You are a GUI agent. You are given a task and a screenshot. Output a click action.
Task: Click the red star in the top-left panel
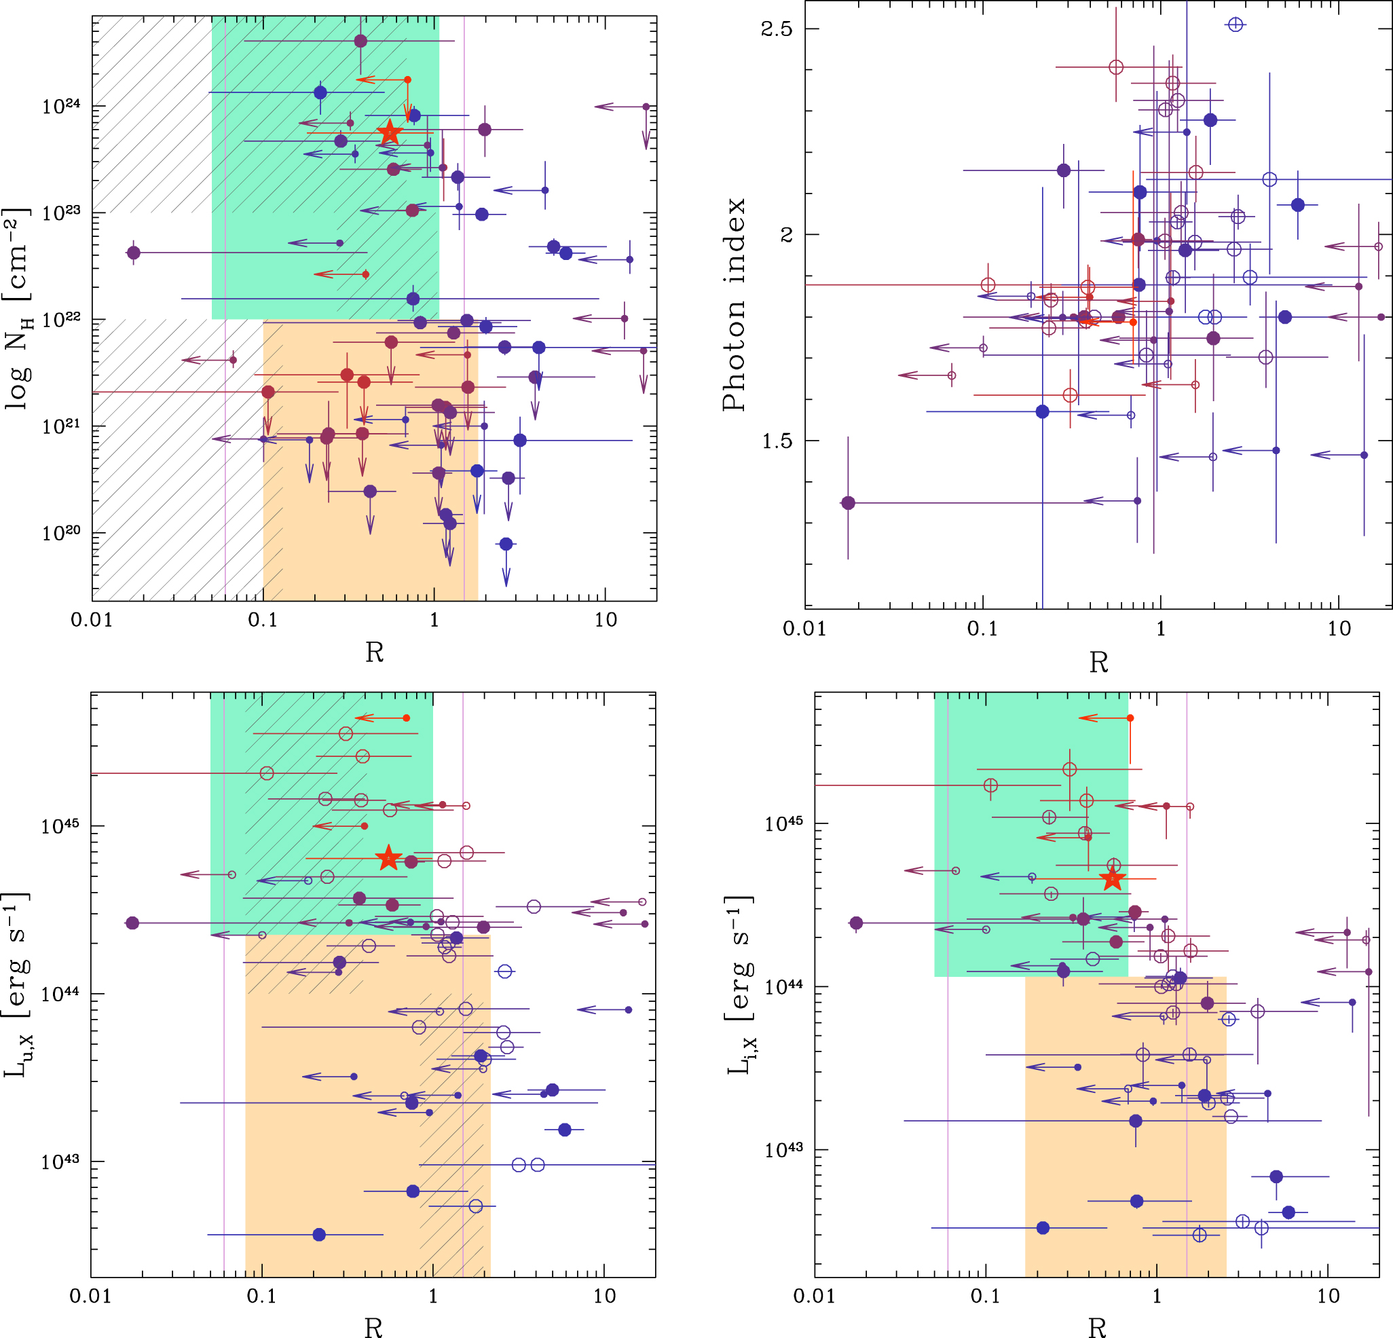tap(390, 132)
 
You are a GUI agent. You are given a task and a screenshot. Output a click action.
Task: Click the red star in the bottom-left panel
tap(388, 857)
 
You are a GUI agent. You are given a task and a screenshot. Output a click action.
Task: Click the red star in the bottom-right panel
tap(1113, 879)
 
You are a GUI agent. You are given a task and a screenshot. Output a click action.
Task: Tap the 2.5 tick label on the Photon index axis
tap(776, 29)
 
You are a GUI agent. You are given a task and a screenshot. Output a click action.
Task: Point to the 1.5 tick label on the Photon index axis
tap(776, 441)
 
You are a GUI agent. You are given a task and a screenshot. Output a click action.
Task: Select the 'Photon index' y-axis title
tap(734, 305)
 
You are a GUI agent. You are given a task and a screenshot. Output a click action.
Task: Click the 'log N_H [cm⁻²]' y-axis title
tap(17, 308)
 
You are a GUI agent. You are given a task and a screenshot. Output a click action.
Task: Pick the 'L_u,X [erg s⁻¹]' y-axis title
tap(17, 985)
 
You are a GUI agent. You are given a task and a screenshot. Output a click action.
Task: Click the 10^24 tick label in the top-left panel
tap(61, 107)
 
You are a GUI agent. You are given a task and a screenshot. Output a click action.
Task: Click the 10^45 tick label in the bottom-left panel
tap(60, 826)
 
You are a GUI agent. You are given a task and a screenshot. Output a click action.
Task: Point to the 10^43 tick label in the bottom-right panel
tap(785, 1150)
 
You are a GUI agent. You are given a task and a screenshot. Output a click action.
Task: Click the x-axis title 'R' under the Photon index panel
tap(1099, 663)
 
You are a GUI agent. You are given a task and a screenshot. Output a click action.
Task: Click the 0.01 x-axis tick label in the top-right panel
tap(804, 629)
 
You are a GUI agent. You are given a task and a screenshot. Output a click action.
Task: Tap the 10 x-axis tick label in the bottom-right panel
tap(1329, 1295)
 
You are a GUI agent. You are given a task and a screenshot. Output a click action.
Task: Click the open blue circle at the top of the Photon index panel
tap(1236, 25)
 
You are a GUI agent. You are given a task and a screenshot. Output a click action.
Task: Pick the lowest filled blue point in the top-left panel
tap(506, 544)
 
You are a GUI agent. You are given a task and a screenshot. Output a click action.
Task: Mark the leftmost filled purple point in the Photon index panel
tap(848, 503)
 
